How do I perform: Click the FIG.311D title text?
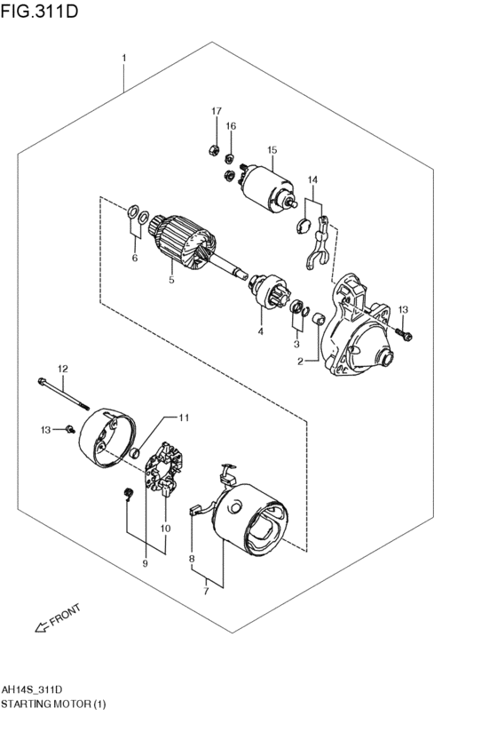click(x=39, y=11)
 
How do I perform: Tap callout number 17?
click(x=217, y=111)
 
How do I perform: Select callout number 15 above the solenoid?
click(x=272, y=150)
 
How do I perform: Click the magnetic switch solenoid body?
click(x=268, y=189)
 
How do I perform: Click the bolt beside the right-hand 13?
click(x=404, y=334)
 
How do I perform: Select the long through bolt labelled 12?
click(x=64, y=395)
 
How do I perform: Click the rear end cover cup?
click(x=106, y=437)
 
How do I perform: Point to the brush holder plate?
click(x=166, y=467)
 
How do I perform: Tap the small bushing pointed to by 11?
click(x=135, y=453)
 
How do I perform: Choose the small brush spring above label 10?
click(x=128, y=494)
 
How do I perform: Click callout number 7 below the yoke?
click(x=206, y=592)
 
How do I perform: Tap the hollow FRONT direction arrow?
click(x=42, y=626)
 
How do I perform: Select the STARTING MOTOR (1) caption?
click(x=53, y=704)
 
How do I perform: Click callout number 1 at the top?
click(x=124, y=58)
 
